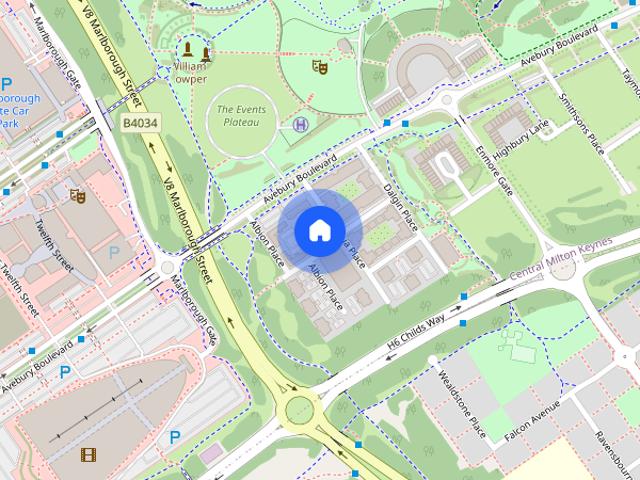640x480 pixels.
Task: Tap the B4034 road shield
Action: coord(139,122)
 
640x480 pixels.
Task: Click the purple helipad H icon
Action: coord(301,124)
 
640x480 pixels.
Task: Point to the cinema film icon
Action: coord(88,455)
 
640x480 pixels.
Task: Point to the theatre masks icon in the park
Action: coord(320,67)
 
